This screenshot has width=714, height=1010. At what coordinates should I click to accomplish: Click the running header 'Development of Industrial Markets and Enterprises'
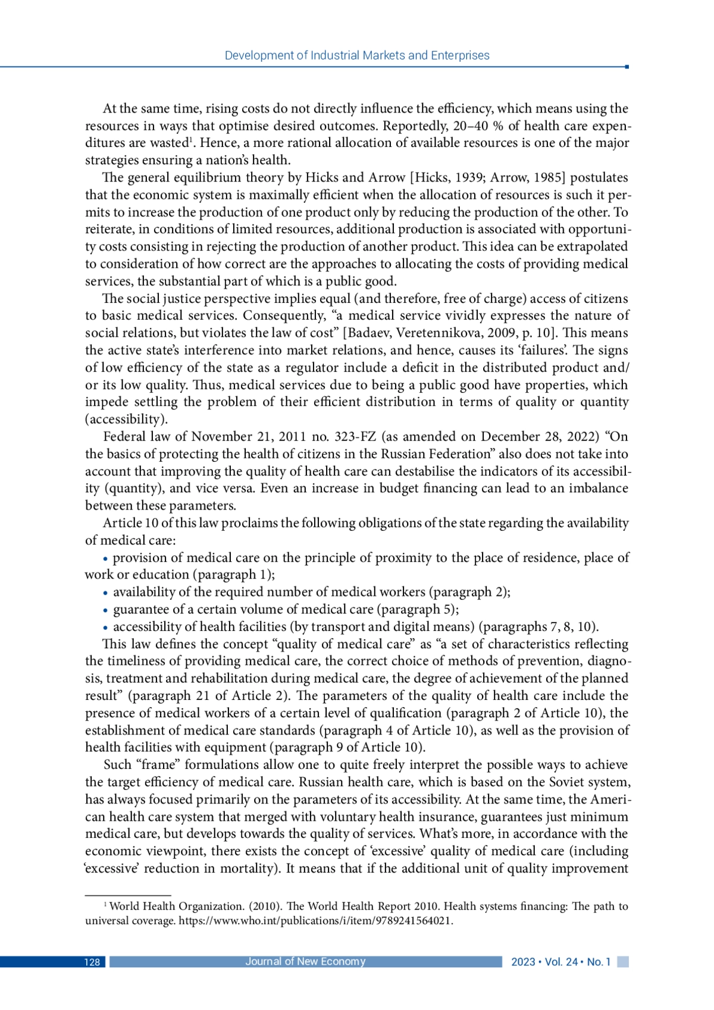357,55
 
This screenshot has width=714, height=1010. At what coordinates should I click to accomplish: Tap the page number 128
92,962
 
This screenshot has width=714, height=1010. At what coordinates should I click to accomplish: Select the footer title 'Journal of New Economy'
305,962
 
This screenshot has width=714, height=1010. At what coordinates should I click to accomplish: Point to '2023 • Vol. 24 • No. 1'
560,962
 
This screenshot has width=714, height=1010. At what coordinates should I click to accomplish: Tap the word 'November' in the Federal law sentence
218,437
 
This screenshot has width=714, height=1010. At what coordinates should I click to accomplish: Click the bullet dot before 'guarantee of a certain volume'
105,611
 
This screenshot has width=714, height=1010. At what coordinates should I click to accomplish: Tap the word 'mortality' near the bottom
247,868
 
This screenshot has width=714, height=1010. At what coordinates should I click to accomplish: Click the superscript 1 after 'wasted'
192,140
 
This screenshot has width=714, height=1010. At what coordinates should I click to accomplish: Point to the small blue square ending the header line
627,67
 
